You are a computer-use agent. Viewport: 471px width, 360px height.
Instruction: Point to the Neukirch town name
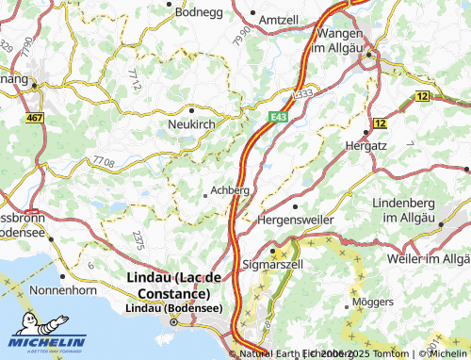193,124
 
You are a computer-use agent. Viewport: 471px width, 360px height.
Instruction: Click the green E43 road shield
276,115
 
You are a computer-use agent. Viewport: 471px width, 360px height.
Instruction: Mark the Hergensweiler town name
296,219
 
